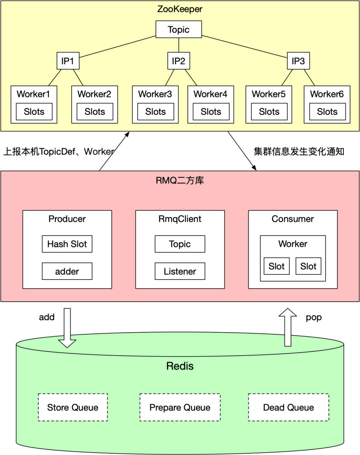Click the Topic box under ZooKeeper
coord(179,29)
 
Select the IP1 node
coord(68,61)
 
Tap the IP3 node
coord(298,61)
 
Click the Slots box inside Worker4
coord(211,111)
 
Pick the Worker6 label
coord(327,94)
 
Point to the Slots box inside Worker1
coord(34,111)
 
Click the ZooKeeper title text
coord(180,9)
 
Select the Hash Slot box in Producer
coord(67,244)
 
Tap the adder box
coord(67,271)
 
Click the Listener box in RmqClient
coord(180,271)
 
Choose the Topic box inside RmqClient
coord(180,244)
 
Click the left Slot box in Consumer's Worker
coord(276,266)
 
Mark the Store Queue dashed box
coord(73,407)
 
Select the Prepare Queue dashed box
coord(180,407)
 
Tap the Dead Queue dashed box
coord(288,407)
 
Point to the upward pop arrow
coord(288,327)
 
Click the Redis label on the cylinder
coord(180,366)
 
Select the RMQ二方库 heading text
coord(180,180)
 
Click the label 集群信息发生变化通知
coord(299,151)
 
